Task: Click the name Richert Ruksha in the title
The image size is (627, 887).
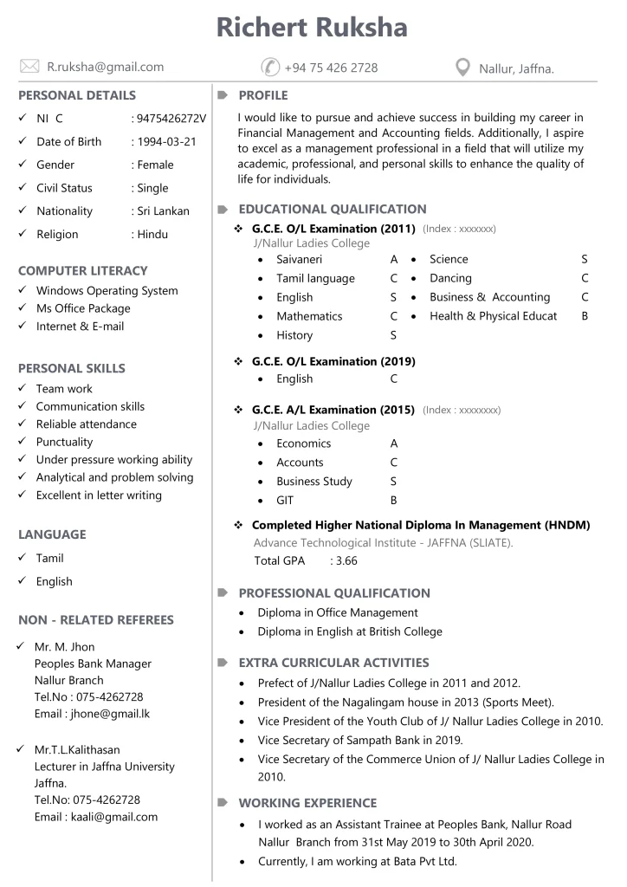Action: point(312,27)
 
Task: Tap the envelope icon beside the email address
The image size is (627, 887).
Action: point(29,67)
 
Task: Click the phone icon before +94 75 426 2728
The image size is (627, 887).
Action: point(270,68)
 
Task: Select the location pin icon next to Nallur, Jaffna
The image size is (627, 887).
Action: point(463,68)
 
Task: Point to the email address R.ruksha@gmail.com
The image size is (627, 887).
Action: point(105,67)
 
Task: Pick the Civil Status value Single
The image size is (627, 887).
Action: point(152,188)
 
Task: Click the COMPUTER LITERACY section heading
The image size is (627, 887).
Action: point(83,271)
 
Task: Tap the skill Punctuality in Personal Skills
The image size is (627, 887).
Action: point(64,442)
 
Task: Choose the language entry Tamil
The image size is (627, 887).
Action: point(49,559)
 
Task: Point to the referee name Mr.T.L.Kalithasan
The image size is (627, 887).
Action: point(77,750)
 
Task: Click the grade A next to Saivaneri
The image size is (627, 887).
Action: point(394,259)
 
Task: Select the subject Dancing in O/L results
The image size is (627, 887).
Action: point(450,278)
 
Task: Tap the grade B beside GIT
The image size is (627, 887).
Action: point(394,501)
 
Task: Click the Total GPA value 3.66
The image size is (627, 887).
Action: point(346,561)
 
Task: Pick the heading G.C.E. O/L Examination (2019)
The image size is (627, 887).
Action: point(333,361)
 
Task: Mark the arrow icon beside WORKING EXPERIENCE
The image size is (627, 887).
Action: point(223,803)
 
